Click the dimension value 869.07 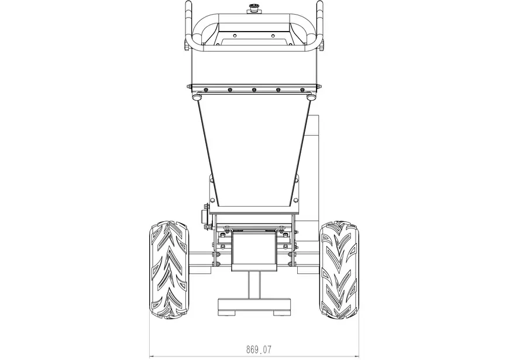pyautogui.click(x=259, y=349)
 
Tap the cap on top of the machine pyautogui.click(x=253, y=8)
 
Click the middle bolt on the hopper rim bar pyautogui.click(x=254, y=90)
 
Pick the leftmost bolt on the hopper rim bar pyautogui.click(x=205, y=90)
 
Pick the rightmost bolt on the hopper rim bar pyautogui.click(x=302, y=90)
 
